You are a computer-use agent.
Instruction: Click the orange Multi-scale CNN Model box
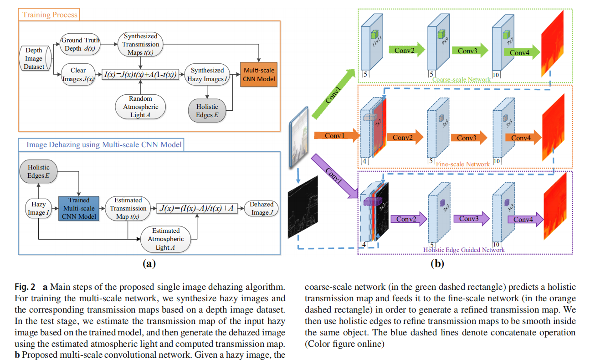point(258,74)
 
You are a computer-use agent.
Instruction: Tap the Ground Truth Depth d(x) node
point(80,44)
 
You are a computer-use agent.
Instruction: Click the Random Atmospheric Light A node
point(141,107)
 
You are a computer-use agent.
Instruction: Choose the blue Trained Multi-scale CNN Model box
point(79,208)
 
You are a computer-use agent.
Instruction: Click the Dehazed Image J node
point(262,208)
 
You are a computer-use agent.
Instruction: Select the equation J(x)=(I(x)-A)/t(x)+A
point(197,208)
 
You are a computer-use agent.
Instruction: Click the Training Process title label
point(50,15)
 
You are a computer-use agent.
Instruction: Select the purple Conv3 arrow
point(471,219)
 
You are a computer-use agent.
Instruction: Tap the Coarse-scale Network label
point(461,79)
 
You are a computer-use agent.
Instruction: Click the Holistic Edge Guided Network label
point(464,250)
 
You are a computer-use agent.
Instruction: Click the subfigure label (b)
point(437,263)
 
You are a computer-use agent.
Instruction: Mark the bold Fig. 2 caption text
point(26,287)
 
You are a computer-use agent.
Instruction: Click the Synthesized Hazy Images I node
point(207,75)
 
